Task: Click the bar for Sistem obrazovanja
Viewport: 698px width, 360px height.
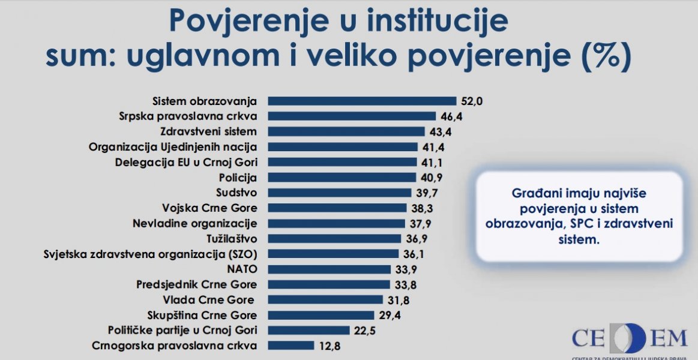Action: pos(362,101)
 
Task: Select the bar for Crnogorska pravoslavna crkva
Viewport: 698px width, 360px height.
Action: pos(290,346)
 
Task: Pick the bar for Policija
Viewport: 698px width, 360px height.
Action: pos(341,178)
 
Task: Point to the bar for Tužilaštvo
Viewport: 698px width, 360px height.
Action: pos(334,239)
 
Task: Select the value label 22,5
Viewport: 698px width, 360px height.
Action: pos(364,330)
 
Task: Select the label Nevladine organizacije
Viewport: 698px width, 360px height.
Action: pos(194,223)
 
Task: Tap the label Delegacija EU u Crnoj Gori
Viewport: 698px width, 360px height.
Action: pos(185,162)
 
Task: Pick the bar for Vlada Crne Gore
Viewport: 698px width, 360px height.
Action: pos(325,299)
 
